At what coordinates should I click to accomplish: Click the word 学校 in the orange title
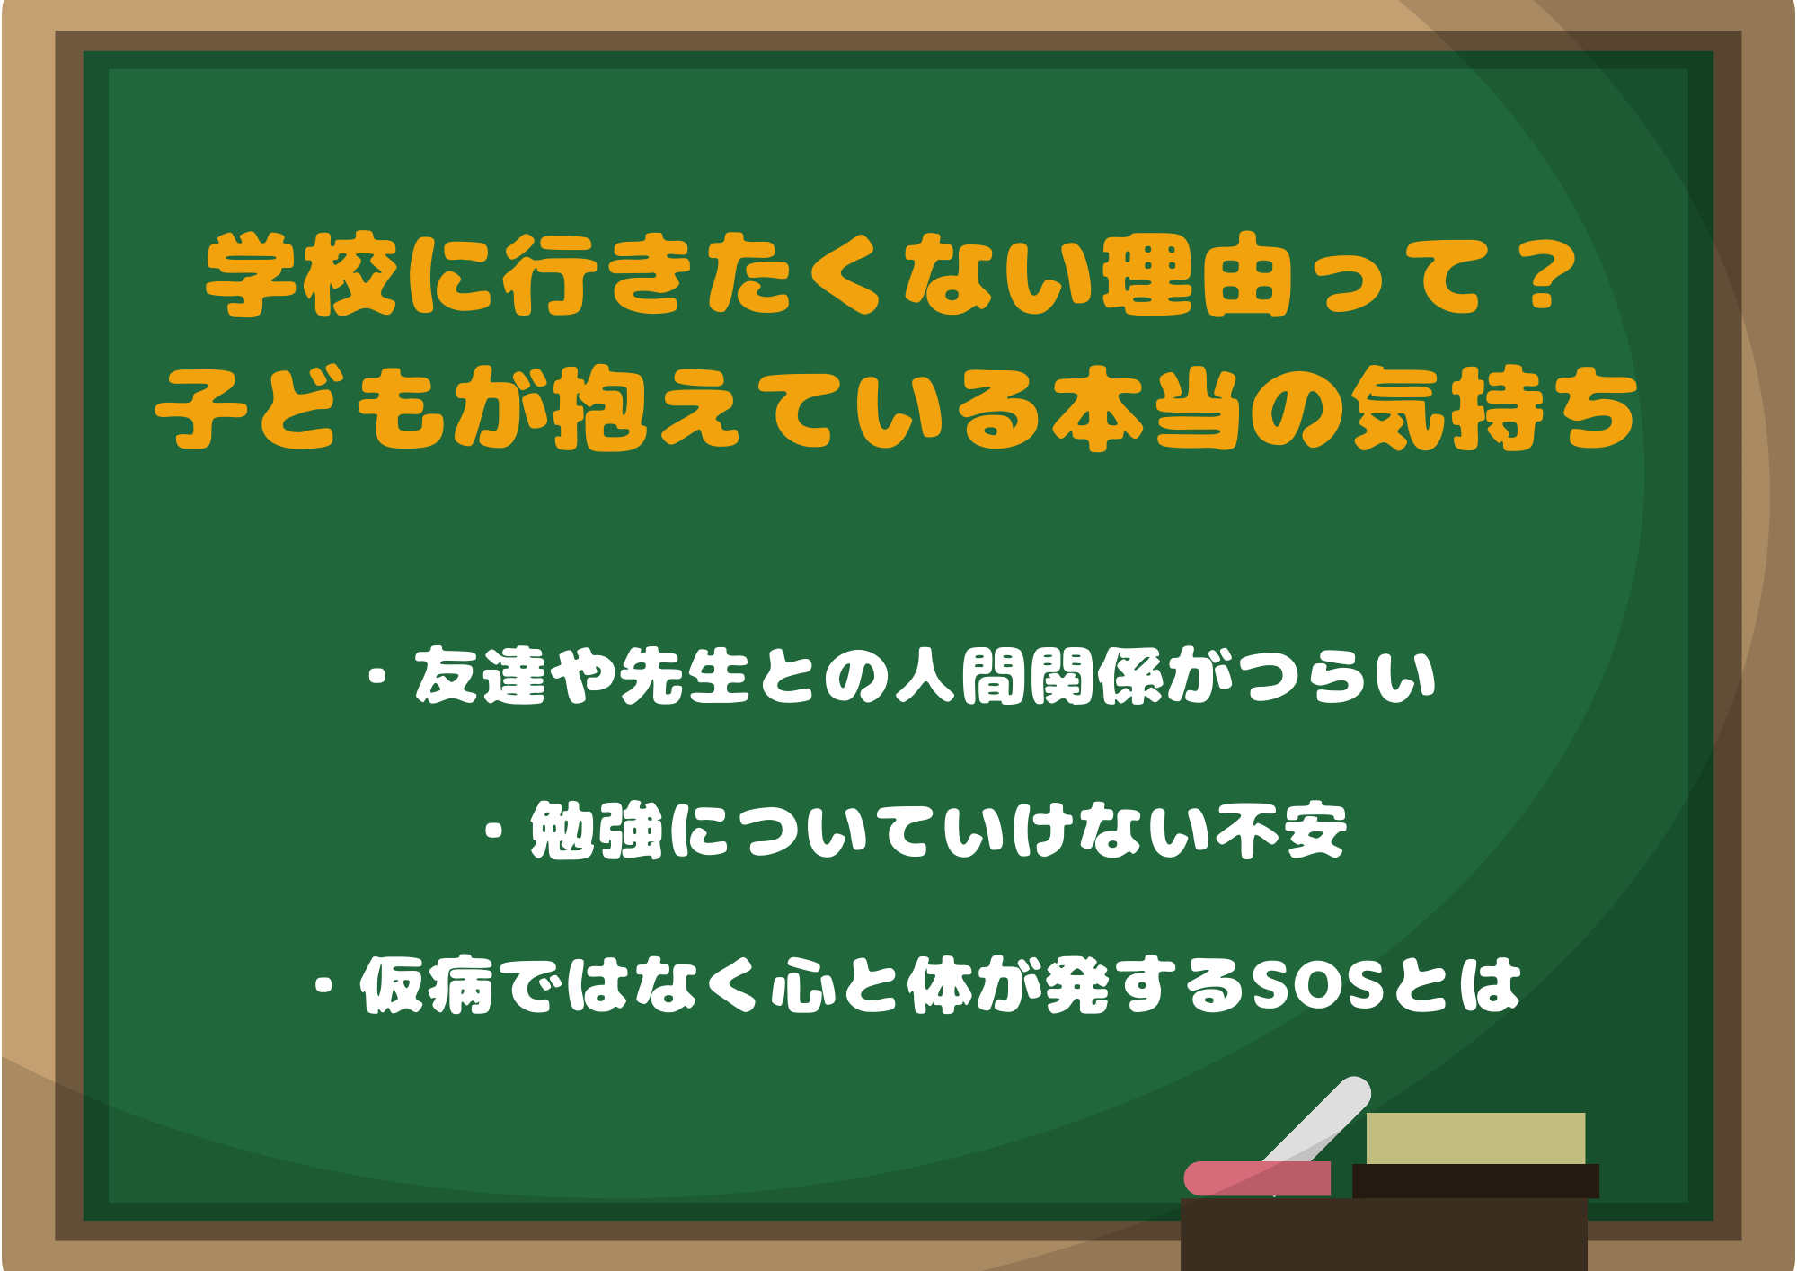(300, 275)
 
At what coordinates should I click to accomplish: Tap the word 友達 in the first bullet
(481, 676)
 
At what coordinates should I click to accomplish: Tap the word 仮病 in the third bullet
(427, 985)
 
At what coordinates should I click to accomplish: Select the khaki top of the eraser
(1475, 1138)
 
